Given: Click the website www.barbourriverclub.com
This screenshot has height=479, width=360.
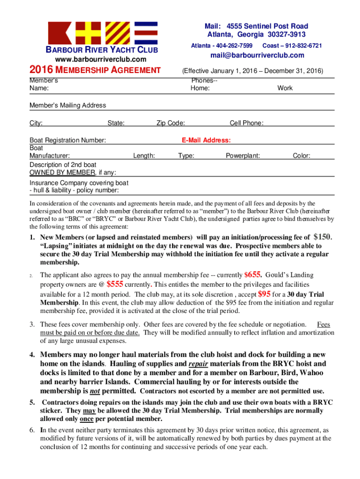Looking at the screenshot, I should pos(101,59).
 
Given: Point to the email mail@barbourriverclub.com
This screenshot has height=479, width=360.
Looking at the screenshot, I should pos(257,55).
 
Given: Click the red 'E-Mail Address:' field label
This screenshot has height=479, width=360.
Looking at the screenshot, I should pos(206,140).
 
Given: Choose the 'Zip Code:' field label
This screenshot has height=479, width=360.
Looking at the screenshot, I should pos(171,123).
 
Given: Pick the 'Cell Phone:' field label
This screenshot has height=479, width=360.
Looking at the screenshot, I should pos(246,123).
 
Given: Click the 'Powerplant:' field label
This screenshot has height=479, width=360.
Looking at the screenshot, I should pos(243,156).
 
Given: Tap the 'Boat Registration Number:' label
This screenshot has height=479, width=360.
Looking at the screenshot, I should pos(68,140).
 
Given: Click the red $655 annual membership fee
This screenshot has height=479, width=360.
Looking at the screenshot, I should pos(253,275).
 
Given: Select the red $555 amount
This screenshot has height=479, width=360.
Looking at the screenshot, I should pos(115,284).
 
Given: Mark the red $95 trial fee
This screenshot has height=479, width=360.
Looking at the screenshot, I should pos(264,294).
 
